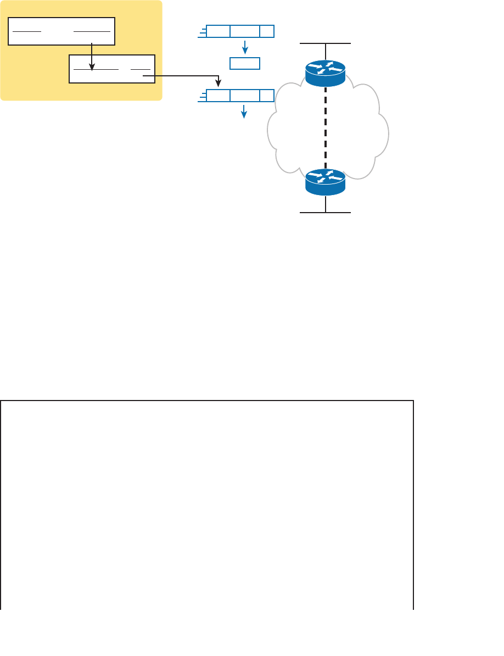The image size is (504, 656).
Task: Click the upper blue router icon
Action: [326, 73]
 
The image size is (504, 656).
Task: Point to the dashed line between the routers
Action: [326, 127]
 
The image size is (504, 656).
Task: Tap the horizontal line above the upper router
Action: [326, 43]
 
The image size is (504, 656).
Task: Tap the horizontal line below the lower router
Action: [326, 212]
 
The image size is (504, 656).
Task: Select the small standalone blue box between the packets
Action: [244, 63]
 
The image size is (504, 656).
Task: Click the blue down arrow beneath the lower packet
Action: [245, 112]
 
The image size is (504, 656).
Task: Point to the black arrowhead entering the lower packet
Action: [219, 84]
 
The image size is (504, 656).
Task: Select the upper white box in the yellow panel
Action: [61, 31]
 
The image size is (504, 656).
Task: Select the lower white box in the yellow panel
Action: [112, 69]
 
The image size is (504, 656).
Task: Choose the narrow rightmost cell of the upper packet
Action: [267, 31]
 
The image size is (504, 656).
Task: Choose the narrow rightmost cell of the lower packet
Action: [267, 96]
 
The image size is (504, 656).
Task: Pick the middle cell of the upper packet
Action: [245, 31]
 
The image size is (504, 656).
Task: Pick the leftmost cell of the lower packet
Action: [218, 96]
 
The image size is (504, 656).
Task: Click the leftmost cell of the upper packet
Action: [218, 31]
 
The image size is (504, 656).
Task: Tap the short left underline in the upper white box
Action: [27, 31]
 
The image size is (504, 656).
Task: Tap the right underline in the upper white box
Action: [92, 31]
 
